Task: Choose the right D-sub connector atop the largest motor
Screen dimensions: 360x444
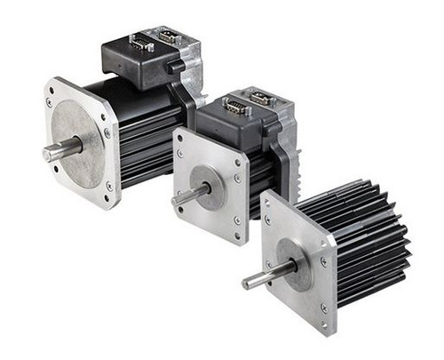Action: (170, 36)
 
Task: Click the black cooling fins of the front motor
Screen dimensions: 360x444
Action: (369, 240)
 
